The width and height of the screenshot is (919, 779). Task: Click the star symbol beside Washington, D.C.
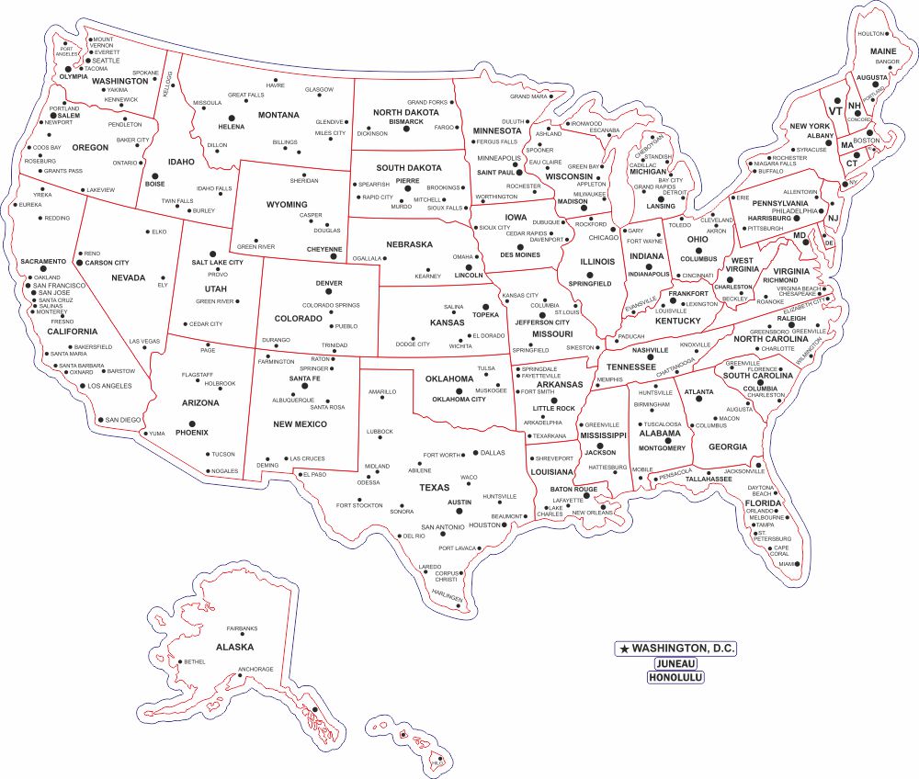coord(625,649)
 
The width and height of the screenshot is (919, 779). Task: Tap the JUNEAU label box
coord(675,663)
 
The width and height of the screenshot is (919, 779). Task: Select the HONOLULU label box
coord(675,677)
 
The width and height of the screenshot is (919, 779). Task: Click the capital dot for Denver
coord(328,294)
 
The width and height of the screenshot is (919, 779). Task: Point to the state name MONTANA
coord(278,115)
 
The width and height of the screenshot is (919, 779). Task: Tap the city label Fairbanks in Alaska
coord(243,628)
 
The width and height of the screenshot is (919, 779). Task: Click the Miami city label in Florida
coord(787,564)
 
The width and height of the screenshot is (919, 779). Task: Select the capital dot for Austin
coord(476,502)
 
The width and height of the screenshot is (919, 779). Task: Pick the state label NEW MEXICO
coord(300,424)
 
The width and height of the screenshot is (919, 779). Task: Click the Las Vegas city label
coord(144,341)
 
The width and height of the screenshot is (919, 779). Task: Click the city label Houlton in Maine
coord(869,33)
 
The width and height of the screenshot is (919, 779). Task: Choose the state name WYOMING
coord(287,204)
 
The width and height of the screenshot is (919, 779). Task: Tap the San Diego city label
coord(123,420)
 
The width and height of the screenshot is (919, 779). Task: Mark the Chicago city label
coord(604,237)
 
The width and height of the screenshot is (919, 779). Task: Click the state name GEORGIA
coord(728,446)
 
